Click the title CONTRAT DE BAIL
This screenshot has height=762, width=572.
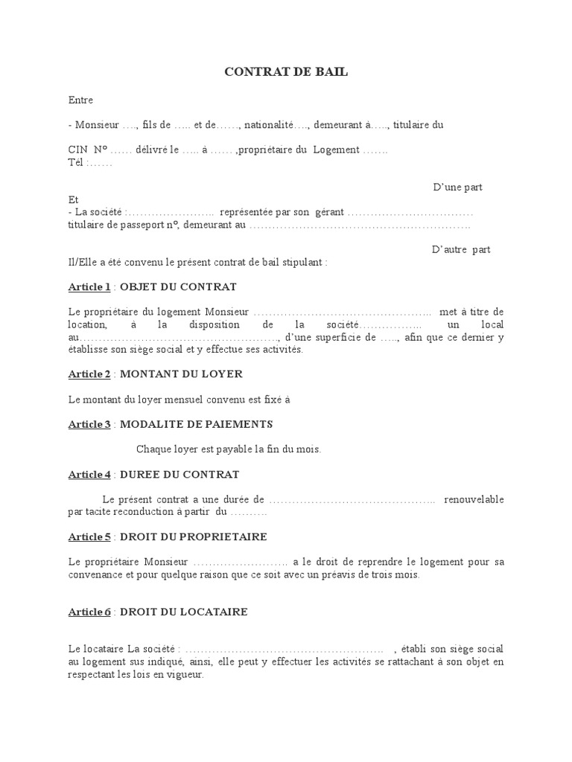click(286, 72)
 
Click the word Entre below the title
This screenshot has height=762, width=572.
click(80, 100)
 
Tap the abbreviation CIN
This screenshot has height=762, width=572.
click(78, 150)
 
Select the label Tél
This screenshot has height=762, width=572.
click(76, 162)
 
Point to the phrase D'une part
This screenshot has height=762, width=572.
click(457, 187)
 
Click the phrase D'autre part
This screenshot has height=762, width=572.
click(460, 249)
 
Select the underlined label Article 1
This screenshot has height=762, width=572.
click(89, 286)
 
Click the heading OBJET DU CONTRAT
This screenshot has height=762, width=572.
click(178, 286)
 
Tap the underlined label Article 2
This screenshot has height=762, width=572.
click(89, 374)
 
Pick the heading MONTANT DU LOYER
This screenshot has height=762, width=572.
click(181, 374)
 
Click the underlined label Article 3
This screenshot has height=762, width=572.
click(89, 424)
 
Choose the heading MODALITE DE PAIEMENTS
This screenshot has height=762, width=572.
click(196, 424)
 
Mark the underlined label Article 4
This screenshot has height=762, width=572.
click(89, 474)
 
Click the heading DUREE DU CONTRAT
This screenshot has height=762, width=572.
click(179, 474)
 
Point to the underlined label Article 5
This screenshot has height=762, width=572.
click(89, 537)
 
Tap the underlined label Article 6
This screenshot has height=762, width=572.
click(89, 612)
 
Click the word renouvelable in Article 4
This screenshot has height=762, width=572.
click(474, 499)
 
